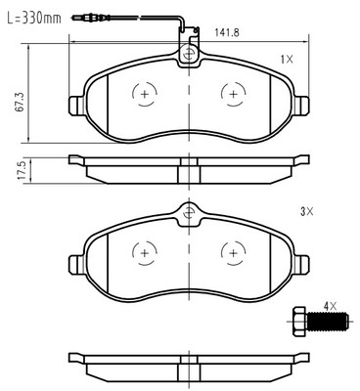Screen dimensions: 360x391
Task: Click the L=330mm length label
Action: (34, 18)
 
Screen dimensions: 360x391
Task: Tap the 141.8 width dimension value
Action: (227, 32)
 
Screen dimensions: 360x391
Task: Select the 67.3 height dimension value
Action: (20, 103)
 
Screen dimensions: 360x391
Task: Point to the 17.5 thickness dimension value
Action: (22, 169)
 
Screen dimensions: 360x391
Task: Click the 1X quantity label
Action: (287, 60)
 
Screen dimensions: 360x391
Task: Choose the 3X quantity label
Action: (306, 212)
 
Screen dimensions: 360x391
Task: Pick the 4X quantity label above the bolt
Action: (330, 306)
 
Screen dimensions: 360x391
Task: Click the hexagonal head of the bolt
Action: (299, 322)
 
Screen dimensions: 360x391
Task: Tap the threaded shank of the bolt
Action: (327, 322)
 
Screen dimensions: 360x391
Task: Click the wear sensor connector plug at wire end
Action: (83, 18)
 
